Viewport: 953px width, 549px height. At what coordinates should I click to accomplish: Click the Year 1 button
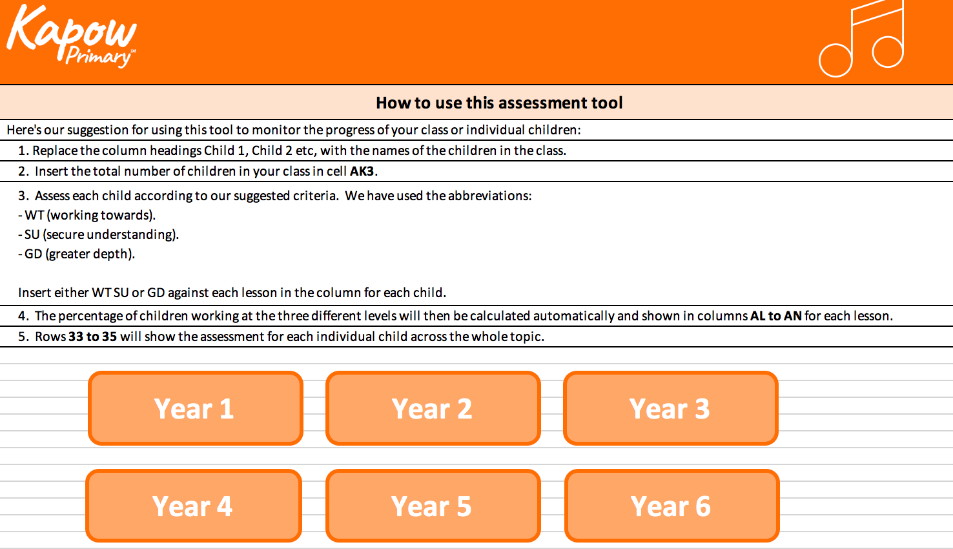[x=195, y=408]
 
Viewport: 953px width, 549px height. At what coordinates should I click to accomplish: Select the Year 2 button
[x=433, y=408]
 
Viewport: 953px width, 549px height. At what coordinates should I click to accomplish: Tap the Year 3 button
[x=670, y=408]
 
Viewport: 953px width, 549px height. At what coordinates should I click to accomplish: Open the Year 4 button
[x=193, y=506]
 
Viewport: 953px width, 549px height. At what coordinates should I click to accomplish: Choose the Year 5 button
[x=433, y=506]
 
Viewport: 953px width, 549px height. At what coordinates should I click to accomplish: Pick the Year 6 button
[x=671, y=506]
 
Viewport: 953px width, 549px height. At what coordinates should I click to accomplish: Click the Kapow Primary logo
[x=71, y=36]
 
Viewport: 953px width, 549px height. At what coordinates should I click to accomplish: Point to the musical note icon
[x=862, y=40]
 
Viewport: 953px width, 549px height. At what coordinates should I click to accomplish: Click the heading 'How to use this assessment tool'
[x=499, y=103]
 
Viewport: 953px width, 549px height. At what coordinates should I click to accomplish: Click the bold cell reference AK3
[x=362, y=171]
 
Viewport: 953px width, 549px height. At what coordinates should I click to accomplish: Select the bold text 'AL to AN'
[x=775, y=316]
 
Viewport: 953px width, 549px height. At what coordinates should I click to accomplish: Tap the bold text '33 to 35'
[x=92, y=337]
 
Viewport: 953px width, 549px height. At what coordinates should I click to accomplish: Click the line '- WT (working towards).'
[x=87, y=215]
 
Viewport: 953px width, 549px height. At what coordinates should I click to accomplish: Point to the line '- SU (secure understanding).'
[x=99, y=234]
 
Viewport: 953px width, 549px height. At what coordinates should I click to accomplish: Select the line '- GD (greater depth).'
[x=77, y=254]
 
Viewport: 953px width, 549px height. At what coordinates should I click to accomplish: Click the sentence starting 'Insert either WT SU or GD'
[x=232, y=293]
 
